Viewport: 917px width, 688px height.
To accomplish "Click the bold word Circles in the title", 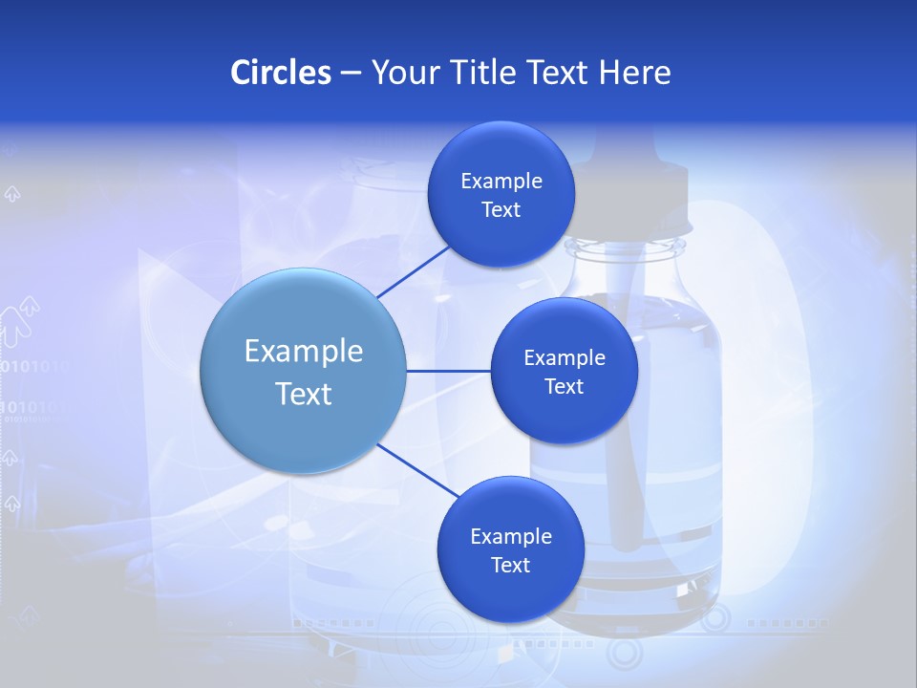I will coord(281,73).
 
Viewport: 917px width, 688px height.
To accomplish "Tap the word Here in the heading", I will coord(634,73).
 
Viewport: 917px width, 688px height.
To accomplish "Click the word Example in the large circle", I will coord(303,351).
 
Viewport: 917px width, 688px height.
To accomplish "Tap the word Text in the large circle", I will coord(303,394).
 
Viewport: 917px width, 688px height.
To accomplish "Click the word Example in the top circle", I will coord(501,182).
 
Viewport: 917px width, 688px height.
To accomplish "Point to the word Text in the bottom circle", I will coord(510,565).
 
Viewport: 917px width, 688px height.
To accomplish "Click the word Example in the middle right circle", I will coord(564,358).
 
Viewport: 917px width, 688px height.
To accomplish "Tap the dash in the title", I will coord(351,73).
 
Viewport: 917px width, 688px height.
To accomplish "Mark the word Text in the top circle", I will coord(501,210).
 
